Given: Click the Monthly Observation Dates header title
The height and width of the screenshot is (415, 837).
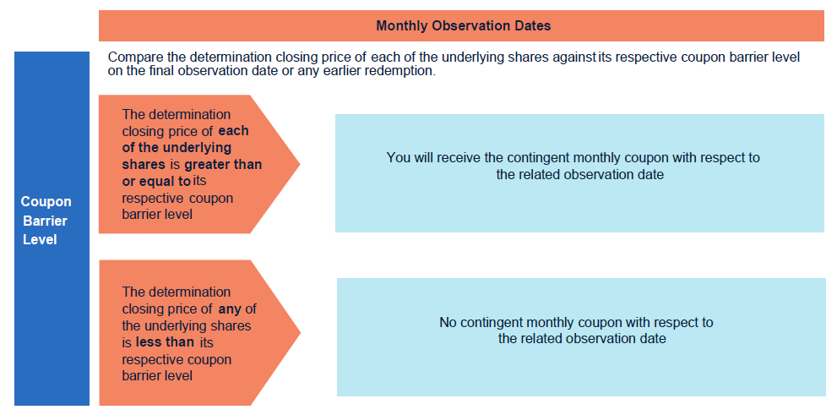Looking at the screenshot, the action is [x=463, y=25].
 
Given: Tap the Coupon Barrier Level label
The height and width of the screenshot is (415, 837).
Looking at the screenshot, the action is [x=46, y=221].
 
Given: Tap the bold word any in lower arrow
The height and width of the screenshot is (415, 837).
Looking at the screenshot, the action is [x=229, y=309].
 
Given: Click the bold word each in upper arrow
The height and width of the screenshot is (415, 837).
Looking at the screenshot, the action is [x=234, y=131].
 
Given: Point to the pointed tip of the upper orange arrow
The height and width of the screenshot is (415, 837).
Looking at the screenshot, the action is [x=300, y=164].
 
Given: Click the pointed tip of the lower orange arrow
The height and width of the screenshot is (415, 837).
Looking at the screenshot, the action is [x=301, y=333].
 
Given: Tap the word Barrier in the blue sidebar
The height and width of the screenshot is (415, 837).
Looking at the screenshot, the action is [x=46, y=221].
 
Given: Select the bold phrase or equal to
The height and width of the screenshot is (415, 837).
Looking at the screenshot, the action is [x=156, y=182].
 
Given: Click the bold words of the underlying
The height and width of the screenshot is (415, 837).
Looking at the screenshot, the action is [x=177, y=147].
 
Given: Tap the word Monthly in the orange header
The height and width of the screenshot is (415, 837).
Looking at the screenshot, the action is [x=399, y=25].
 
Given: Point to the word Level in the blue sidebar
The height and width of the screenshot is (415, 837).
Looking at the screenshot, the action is [x=40, y=240].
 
